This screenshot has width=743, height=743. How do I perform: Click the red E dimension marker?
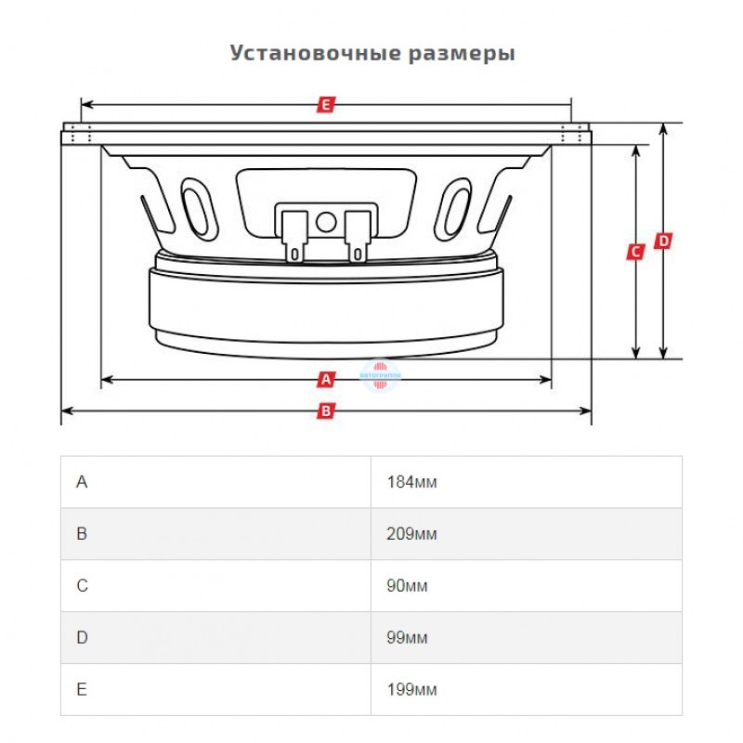pyautogui.click(x=325, y=105)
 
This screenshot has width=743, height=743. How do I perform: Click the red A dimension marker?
pyautogui.click(x=325, y=379)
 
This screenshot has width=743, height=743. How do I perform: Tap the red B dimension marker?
pyautogui.click(x=325, y=410)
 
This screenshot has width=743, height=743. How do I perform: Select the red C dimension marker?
pyautogui.click(x=635, y=252)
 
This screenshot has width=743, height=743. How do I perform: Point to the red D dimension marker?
pyautogui.click(x=663, y=241)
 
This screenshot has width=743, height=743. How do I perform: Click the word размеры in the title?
pyautogui.click(x=462, y=53)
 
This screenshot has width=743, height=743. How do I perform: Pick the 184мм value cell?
pyautogui.click(x=411, y=482)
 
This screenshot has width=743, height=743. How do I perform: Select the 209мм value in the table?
pyautogui.click(x=411, y=534)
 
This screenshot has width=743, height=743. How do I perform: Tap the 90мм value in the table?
pyautogui.click(x=408, y=586)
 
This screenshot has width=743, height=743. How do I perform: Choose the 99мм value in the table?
pyautogui.click(x=408, y=638)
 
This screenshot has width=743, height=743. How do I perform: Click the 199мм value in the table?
pyautogui.click(x=411, y=690)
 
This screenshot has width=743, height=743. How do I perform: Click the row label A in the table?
pyautogui.click(x=82, y=482)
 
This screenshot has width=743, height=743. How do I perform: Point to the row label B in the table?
pyautogui.click(x=82, y=534)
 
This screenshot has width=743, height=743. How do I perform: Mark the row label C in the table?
pyautogui.click(x=82, y=586)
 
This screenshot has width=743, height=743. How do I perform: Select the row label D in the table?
pyautogui.click(x=82, y=638)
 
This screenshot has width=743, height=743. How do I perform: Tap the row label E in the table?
pyautogui.click(x=82, y=690)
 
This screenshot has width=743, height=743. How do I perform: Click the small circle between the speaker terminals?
pyautogui.click(x=326, y=222)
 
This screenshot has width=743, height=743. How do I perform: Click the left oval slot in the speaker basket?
pyautogui.click(x=196, y=206)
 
